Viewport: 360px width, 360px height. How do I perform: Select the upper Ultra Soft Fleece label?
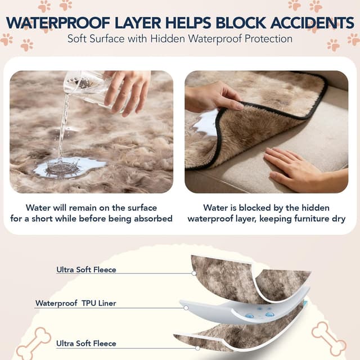click(x=86, y=269)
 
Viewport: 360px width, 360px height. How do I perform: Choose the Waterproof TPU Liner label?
click(x=76, y=303)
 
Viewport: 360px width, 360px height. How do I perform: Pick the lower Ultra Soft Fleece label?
click(x=86, y=343)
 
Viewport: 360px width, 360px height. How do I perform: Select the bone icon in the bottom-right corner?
click(x=328, y=337)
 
